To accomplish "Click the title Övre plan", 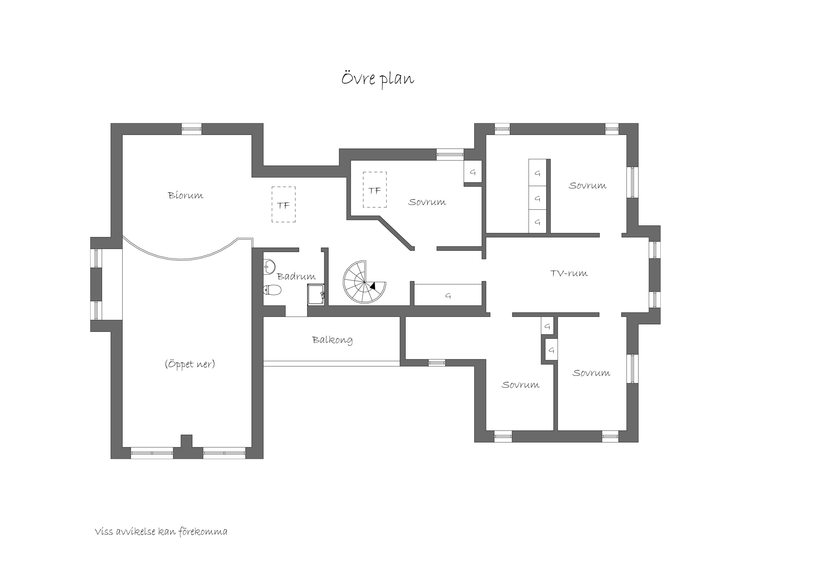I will point(377,79).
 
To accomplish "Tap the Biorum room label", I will point(186,195).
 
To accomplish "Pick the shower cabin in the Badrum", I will point(316,295).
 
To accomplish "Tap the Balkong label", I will point(332,340).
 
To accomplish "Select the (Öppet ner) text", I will point(190,364).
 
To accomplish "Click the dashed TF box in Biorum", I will point(284,204).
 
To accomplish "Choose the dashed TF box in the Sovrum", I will point(375,190).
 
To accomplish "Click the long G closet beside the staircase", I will point(448,295).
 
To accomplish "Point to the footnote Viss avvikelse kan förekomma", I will point(161,532).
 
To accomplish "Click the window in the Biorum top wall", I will point(191,129).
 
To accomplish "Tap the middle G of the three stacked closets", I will point(537,198).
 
